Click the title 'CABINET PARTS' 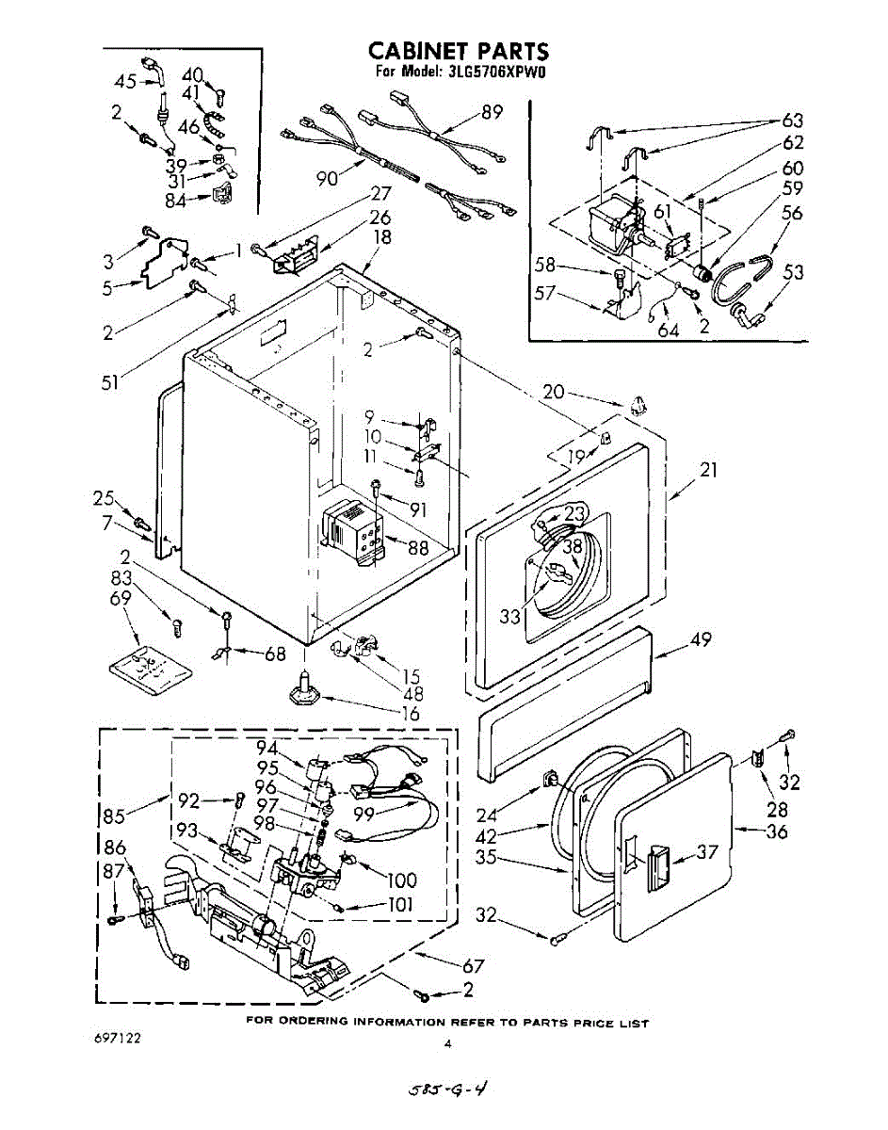[459, 52]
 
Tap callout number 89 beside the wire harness [492, 112]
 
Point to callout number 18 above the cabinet [382, 237]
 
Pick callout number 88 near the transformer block [417, 548]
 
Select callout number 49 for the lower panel [701, 639]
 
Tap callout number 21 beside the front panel [709, 470]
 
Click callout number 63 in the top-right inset [794, 121]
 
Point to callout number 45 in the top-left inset [125, 81]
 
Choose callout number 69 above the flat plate [121, 598]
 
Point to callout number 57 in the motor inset [545, 294]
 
